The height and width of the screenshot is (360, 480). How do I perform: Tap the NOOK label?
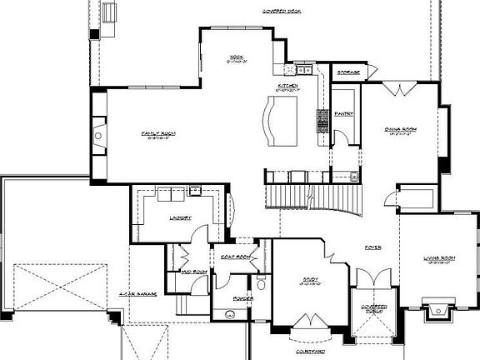pyautogui.click(x=237, y=57)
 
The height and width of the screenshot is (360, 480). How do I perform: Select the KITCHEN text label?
pyautogui.click(x=288, y=86)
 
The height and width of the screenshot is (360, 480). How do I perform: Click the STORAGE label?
pyautogui.click(x=348, y=73)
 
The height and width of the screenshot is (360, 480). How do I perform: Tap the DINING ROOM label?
pyautogui.click(x=400, y=129)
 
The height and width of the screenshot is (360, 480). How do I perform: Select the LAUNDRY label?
pyautogui.click(x=180, y=217)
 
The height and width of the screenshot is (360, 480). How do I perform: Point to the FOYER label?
pyautogui.click(x=372, y=247)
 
